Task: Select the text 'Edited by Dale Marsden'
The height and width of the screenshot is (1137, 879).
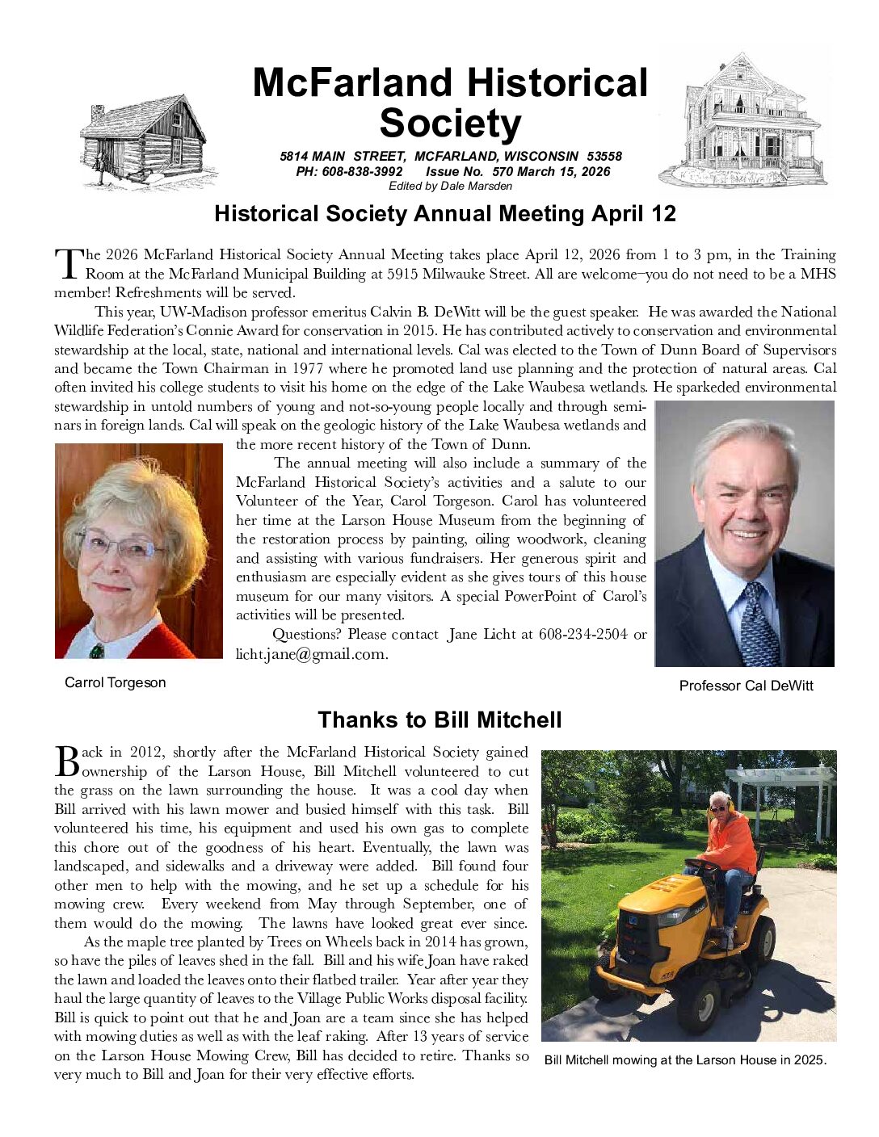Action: [x=450, y=186]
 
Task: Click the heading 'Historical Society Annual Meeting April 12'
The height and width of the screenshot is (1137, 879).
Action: [x=444, y=214]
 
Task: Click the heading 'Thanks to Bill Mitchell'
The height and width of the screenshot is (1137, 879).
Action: [x=439, y=720]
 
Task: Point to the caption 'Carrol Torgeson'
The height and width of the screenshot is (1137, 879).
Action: [x=115, y=682]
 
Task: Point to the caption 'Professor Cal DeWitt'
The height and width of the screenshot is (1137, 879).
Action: [x=746, y=686]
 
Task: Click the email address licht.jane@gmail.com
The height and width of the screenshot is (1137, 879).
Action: [x=312, y=654]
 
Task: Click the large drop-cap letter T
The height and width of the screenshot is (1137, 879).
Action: [x=68, y=263]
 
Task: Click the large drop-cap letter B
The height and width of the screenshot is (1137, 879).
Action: [x=67, y=761]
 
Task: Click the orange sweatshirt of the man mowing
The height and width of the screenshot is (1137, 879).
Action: [x=731, y=844]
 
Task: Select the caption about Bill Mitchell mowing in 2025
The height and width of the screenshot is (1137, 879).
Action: [x=685, y=1059]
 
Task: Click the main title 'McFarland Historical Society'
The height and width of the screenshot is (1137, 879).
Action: [x=450, y=103]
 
